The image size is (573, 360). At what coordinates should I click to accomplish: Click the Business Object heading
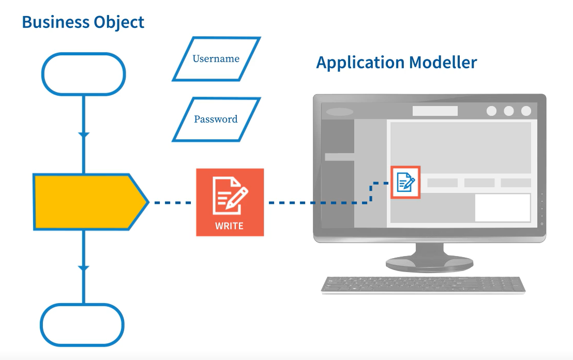[x=83, y=22]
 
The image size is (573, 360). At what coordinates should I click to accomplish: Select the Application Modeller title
[x=396, y=63]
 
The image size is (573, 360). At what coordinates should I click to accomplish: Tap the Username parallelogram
[x=216, y=59]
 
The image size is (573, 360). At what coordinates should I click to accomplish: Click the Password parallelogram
[x=216, y=119]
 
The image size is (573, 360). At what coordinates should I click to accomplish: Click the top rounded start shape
[x=83, y=74]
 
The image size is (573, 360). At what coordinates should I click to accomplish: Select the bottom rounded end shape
[x=83, y=325]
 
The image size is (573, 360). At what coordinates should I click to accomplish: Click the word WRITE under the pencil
[x=230, y=226]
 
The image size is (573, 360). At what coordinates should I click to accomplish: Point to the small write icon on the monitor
[x=405, y=182]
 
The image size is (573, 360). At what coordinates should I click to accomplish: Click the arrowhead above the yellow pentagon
[x=83, y=135]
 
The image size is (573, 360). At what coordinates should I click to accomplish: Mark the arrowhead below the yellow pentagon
[x=83, y=268]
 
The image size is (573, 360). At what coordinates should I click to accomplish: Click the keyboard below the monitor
[x=423, y=285]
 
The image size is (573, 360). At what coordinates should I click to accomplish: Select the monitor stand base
[x=430, y=264]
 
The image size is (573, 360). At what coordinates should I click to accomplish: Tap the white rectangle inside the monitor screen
[x=502, y=207]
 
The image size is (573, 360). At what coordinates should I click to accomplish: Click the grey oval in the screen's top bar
[x=340, y=112]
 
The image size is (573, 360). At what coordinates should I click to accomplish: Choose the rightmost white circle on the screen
[x=526, y=111]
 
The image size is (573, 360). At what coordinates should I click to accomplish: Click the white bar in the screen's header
[x=435, y=111]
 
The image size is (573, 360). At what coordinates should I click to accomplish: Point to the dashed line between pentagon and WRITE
[x=173, y=202]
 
